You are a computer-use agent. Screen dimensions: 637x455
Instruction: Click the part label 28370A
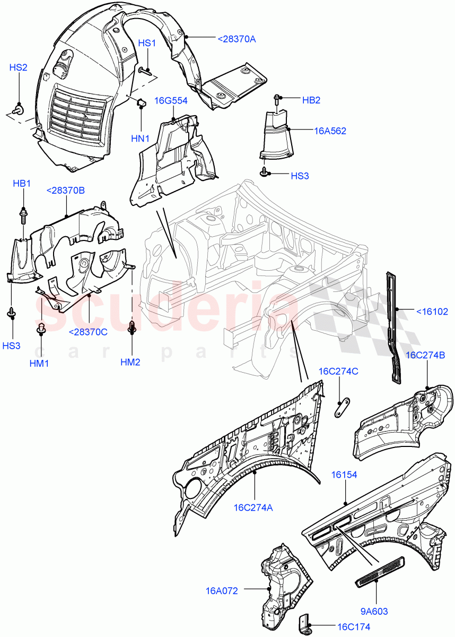(x=237, y=38)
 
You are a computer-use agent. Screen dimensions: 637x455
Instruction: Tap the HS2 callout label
(x=18, y=67)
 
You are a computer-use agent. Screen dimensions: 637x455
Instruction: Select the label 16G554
(x=171, y=101)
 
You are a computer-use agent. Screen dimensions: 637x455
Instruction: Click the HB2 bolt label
(x=311, y=100)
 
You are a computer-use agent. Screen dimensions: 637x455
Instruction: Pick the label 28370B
(x=65, y=191)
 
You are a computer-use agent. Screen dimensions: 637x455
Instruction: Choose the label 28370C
(x=88, y=332)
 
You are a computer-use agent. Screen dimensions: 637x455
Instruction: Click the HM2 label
(x=130, y=362)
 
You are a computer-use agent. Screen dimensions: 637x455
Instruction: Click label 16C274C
(x=338, y=371)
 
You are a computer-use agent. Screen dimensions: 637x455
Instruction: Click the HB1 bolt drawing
(x=23, y=215)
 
